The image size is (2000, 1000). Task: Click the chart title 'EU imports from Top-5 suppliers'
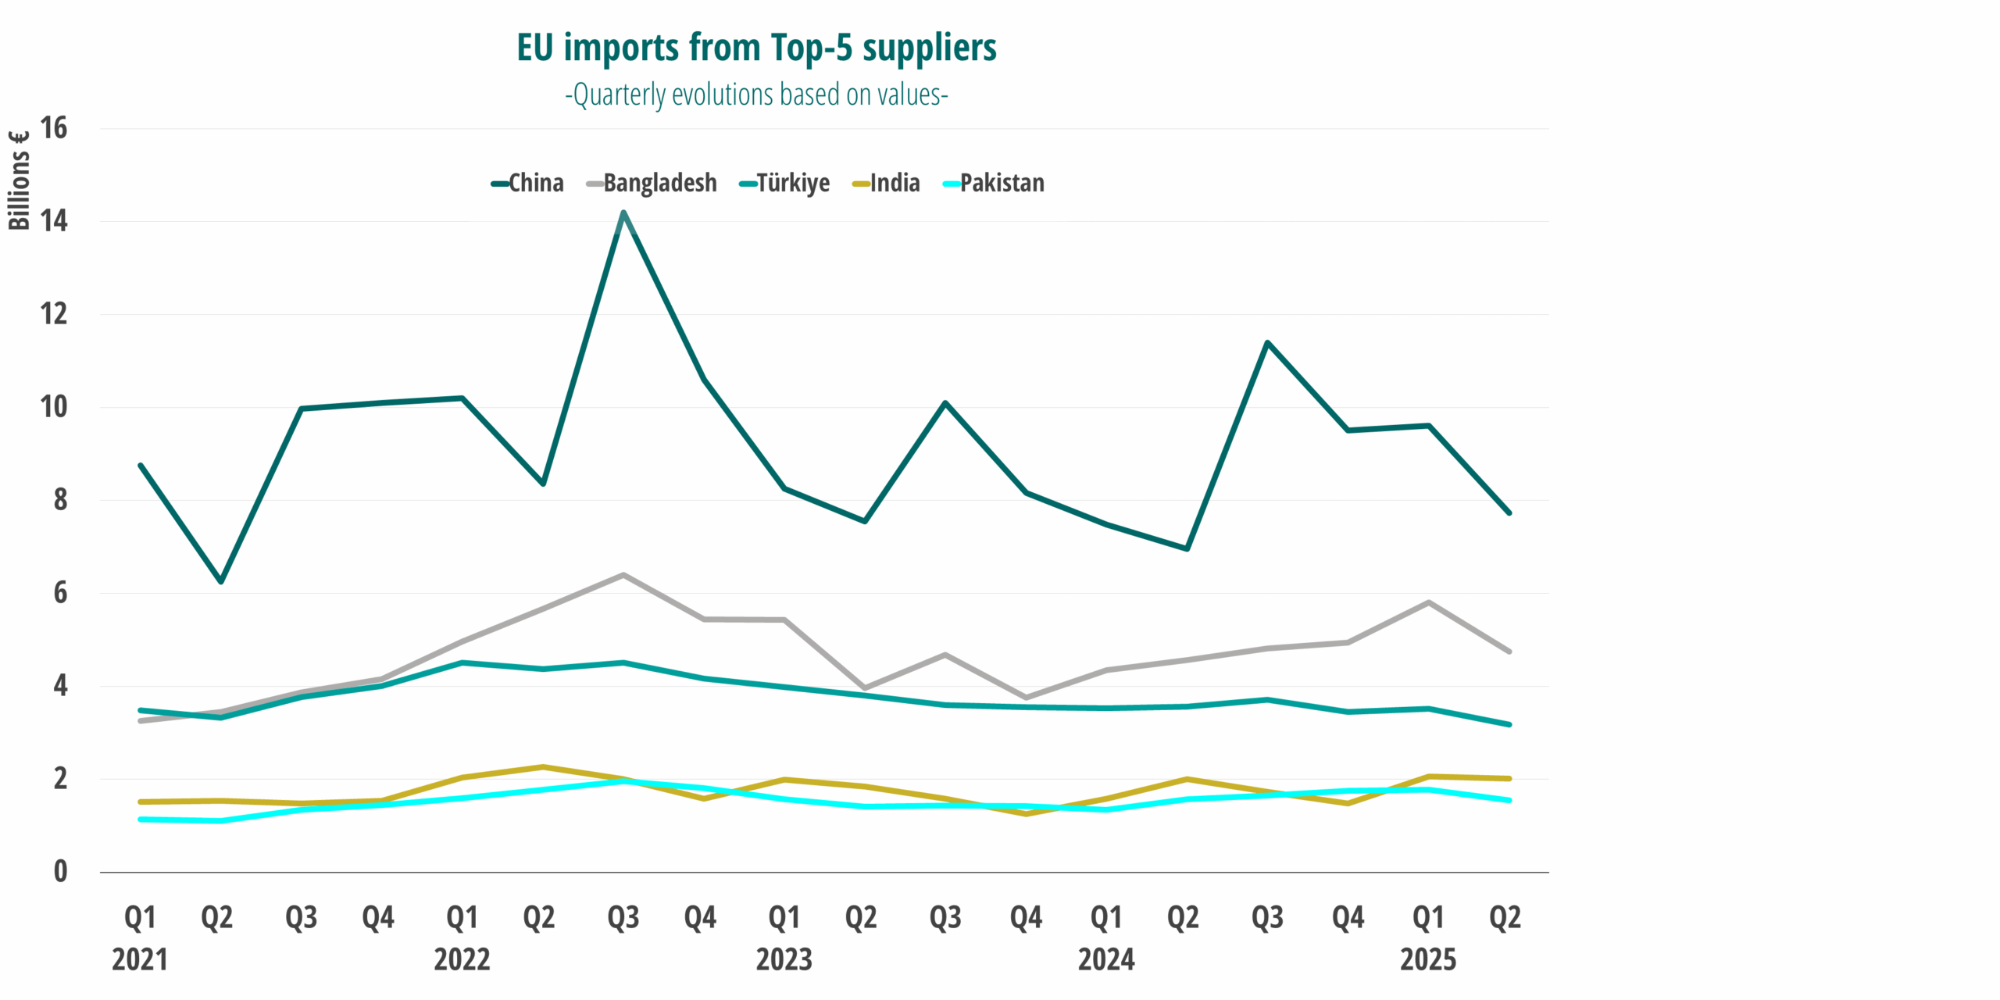(756, 48)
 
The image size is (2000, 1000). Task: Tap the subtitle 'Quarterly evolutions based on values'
(756, 95)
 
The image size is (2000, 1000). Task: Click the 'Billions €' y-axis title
(19, 180)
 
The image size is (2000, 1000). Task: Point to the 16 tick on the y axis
(54, 128)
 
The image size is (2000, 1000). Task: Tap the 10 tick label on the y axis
(54, 407)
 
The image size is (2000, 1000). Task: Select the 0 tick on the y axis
(60, 872)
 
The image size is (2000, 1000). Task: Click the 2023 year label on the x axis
(784, 959)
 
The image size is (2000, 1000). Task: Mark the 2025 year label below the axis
(1427, 959)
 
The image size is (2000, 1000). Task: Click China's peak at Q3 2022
(623, 212)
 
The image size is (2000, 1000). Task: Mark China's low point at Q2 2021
(221, 581)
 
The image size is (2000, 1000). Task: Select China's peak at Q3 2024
(1267, 342)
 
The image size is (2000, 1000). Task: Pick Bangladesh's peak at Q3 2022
(623, 575)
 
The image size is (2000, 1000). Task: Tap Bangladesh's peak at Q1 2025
(1428, 602)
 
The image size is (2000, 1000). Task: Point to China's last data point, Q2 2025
(1509, 513)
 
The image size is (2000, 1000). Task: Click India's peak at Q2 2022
(543, 766)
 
